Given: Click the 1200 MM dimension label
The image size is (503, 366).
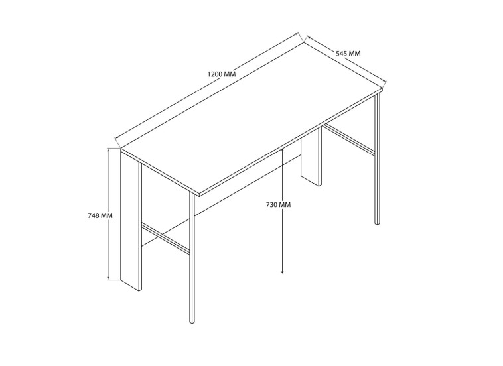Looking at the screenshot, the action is (222, 74).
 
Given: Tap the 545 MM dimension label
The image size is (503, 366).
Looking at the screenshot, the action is (348, 53).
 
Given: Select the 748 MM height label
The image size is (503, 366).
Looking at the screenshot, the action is (100, 215).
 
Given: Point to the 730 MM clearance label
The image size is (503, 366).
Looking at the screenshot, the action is (279, 204).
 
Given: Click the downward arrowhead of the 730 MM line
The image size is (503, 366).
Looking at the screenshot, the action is (282, 272).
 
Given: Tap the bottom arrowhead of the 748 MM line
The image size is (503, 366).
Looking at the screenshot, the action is (109, 278).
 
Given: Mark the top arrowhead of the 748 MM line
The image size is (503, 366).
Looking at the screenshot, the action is (109, 151).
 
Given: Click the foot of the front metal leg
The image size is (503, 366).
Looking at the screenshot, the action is (192, 322).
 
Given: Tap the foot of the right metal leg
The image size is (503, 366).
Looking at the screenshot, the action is (377, 223).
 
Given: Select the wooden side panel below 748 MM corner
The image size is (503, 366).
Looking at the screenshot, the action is (131, 221).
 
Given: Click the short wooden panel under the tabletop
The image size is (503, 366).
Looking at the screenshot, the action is (311, 158).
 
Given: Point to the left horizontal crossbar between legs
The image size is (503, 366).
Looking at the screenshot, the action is (165, 237).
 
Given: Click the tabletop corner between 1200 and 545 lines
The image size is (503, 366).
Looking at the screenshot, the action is (304, 43).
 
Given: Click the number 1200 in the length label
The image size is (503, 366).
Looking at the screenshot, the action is (214, 74).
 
